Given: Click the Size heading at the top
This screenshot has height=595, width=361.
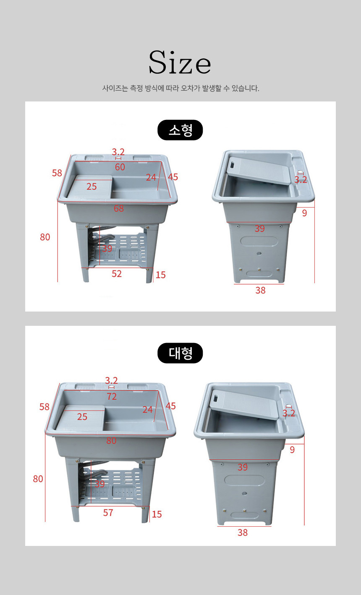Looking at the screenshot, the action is pos(180,62).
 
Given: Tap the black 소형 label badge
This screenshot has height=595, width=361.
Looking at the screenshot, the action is pos(180,130).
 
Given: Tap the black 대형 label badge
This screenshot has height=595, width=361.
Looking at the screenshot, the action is pos(180,353).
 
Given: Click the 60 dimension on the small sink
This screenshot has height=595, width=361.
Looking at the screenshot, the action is pos(120,167).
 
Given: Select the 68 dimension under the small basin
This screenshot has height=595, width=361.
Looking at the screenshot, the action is pos(118,208).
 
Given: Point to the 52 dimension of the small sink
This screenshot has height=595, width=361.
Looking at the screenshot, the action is pos(117,273).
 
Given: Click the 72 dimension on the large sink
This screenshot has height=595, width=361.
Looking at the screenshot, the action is pos(112,397).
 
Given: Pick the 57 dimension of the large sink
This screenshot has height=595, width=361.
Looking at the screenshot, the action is pos(108,513).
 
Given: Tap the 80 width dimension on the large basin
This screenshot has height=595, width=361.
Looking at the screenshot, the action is pos(111,441).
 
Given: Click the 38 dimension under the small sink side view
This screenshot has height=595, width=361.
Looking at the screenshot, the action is pos(261,290).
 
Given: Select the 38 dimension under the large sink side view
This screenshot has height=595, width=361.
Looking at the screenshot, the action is pos(243,533).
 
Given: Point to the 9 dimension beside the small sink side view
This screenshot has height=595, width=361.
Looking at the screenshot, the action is pos(305,213).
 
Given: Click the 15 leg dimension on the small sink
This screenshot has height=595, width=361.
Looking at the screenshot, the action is pos(161,275).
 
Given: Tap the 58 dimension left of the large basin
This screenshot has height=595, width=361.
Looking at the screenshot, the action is pos(44,407).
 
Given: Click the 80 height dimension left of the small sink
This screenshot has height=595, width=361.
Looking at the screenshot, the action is pos(45,237).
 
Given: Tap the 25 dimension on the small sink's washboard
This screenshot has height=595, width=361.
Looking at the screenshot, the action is pos(92,187).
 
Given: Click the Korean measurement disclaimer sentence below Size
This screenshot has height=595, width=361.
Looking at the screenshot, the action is pos(180,88).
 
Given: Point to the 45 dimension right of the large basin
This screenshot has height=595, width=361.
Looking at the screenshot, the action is pos(171,406).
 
